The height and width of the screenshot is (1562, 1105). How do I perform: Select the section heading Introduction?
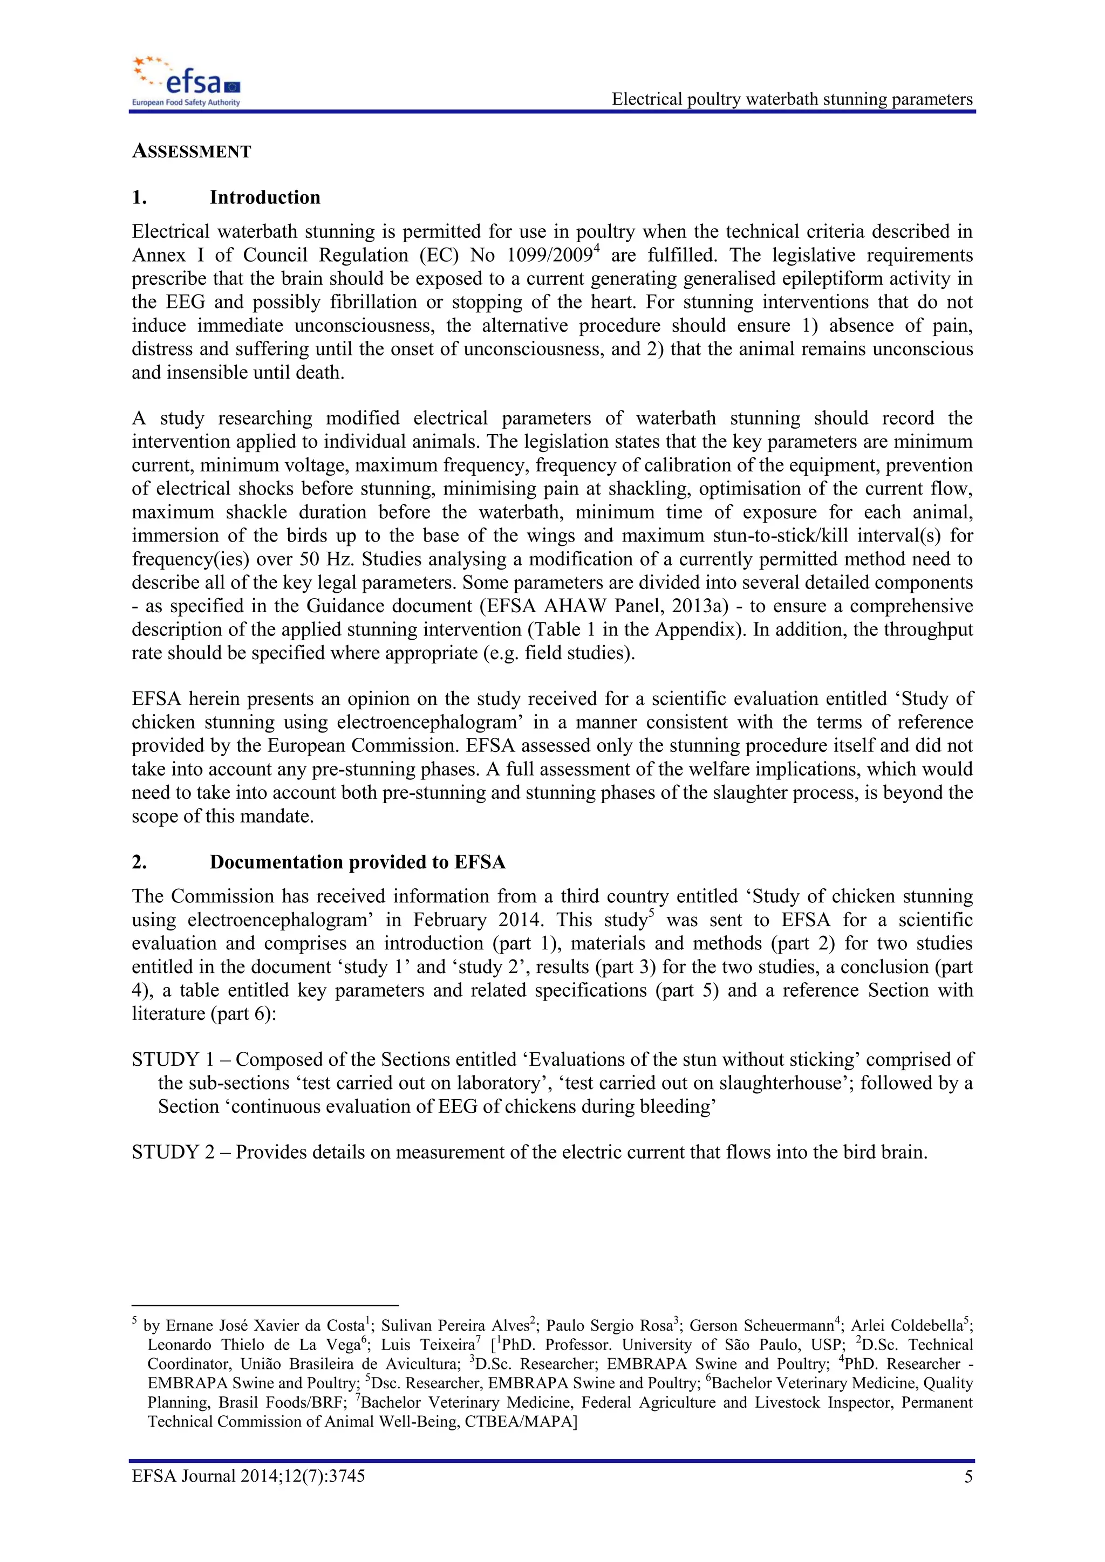[265, 197]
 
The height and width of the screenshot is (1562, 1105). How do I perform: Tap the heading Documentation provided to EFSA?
[357, 862]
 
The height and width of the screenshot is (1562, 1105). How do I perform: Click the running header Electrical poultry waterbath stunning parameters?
[792, 99]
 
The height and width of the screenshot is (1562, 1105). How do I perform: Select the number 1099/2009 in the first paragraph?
[549, 256]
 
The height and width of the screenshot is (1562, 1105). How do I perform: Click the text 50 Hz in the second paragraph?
[326, 559]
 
